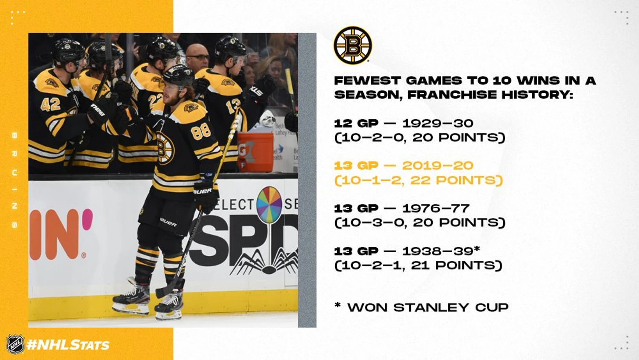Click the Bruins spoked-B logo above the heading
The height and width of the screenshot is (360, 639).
tap(353, 45)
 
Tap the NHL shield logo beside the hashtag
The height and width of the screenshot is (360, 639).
tap(15, 344)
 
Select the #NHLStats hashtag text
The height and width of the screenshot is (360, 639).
tap(68, 345)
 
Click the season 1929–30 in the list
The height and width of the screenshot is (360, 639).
tap(438, 124)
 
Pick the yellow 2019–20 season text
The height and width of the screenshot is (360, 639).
tap(438, 166)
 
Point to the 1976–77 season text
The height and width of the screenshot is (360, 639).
tap(435, 208)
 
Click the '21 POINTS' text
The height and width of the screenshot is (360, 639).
tap(456, 265)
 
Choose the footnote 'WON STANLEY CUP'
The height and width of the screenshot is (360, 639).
tap(428, 307)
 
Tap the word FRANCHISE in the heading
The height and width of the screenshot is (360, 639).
tap(452, 95)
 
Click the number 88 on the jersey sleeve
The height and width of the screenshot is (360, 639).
tap(200, 132)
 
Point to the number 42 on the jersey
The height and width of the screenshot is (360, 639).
tap(50, 105)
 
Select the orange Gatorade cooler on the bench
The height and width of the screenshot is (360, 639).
tap(255, 152)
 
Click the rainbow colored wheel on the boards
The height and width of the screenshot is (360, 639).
tap(269, 205)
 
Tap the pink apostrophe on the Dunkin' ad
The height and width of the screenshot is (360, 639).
tap(88, 219)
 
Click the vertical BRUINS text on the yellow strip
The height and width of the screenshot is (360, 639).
tap(14, 180)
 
